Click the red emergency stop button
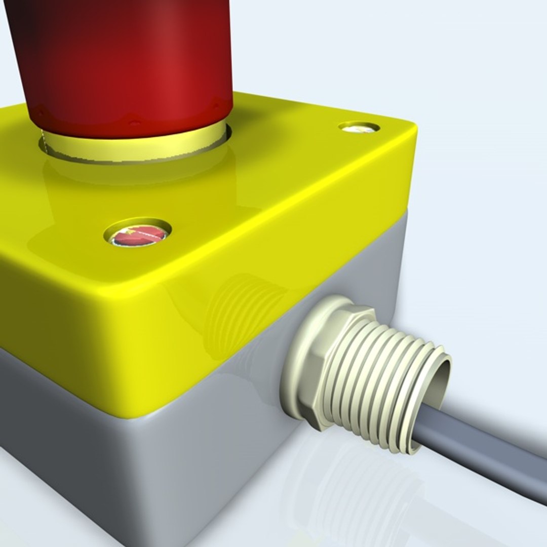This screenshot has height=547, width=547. [x=127, y=61]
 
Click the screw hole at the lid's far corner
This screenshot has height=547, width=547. [x=359, y=127]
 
